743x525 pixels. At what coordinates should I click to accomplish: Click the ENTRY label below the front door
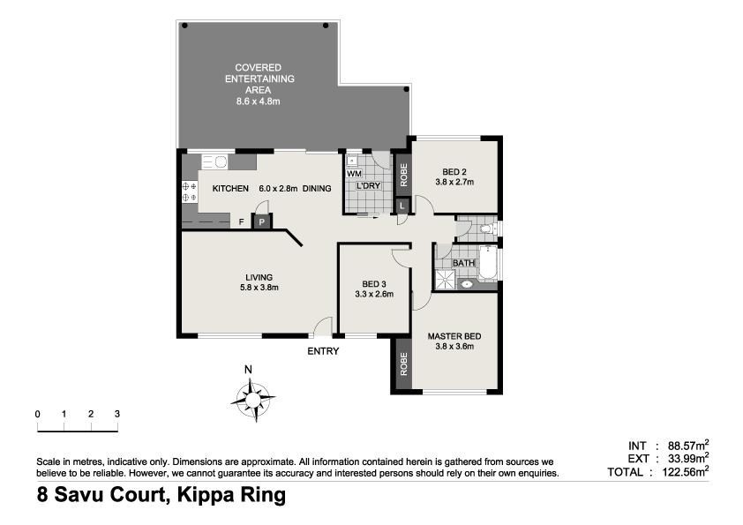point(322,350)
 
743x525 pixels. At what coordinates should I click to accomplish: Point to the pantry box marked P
point(262,221)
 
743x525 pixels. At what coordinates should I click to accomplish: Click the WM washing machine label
point(353,175)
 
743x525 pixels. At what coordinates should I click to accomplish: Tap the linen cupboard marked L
point(402,206)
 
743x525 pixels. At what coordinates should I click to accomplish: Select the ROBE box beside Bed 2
point(403,174)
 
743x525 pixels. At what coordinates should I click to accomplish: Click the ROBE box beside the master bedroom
point(402,364)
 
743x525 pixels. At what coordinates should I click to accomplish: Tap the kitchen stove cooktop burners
point(188,191)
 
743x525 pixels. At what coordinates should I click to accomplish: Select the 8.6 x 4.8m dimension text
point(258,101)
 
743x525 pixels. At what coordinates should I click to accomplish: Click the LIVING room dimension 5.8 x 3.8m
point(259,287)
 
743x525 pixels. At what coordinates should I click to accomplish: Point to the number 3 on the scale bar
point(117,414)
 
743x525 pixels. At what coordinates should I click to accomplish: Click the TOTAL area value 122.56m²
point(682,472)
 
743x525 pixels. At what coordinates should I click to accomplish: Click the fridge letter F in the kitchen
point(242,222)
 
